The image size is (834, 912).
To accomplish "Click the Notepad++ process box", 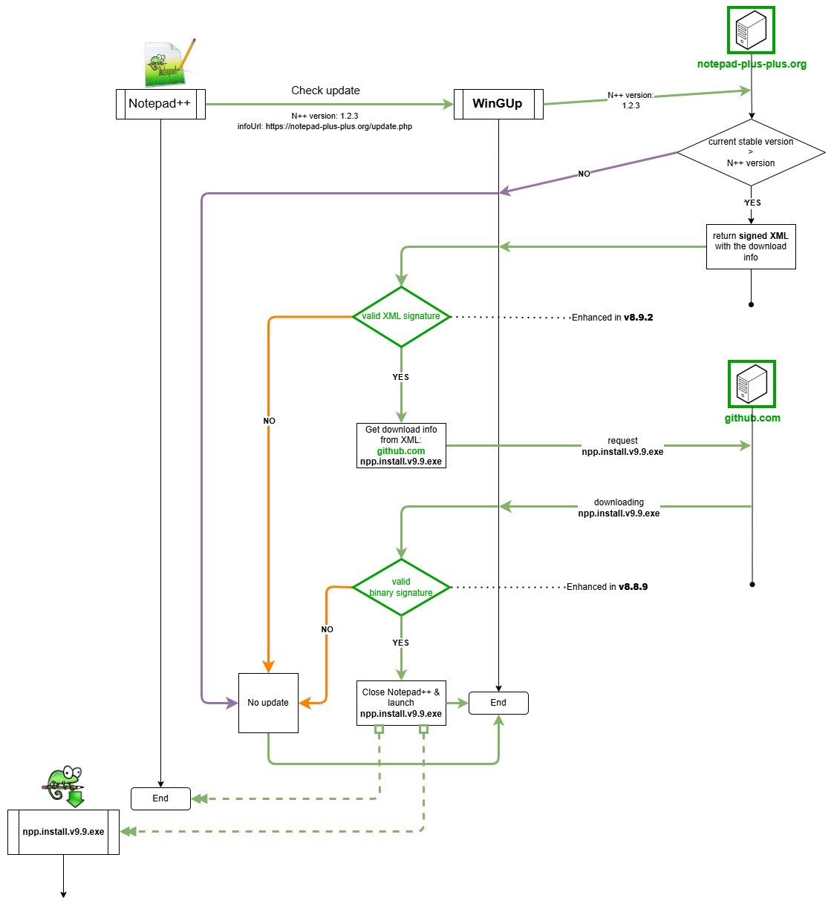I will click(x=160, y=104).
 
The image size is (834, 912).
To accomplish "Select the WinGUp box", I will click(x=498, y=104).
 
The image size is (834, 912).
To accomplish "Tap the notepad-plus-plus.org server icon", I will click(x=751, y=30).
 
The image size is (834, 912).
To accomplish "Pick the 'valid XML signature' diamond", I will click(x=401, y=317).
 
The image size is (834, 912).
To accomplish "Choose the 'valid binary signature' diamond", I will click(x=401, y=588).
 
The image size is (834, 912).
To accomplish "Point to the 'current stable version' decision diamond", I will click(x=751, y=152).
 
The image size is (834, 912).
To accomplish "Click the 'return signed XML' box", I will click(x=751, y=246).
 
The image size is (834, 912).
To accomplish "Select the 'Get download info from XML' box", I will click(x=401, y=446).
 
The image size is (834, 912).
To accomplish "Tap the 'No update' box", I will click(x=268, y=703).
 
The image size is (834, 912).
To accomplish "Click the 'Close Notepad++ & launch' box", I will click(x=401, y=703).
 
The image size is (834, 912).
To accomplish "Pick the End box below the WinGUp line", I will click(x=498, y=703).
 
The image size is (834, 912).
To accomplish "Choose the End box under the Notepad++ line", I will click(x=160, y=798).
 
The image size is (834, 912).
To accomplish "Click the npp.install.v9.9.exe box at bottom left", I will click(x=63, y=832).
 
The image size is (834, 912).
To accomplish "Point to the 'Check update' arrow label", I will click(x=325, y=91).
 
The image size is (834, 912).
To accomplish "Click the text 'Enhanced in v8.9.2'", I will click(x=612, y=318).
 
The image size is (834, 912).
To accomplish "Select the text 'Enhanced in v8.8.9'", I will click(x=607, y=587).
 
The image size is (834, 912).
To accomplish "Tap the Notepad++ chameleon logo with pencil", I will click(x=169, y=63).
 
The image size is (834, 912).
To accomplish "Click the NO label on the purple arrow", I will click(x=584, y=174).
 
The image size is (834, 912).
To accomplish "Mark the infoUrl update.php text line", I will click(x=325, y=127).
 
